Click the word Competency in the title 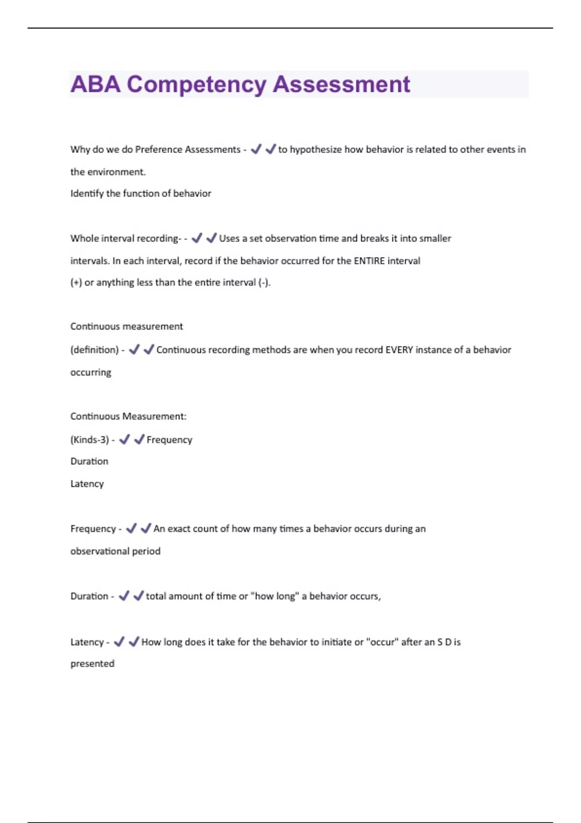pyautogui.click(x=196, y=85)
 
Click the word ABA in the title pyautogui.click(x=95, y=84)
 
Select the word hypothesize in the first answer pyautogui.click(x=316, y=150)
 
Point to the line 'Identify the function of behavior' pyautogui.click(x=140, y=194)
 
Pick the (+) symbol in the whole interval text pyautogui.click(x=76, y=283)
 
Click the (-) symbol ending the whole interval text pyautogui.click(x=263, y=283)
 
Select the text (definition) pyautogui.click(x=94, y=350)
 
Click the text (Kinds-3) pyautogui.click(x=90, y=440)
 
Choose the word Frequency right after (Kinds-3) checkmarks pyautogui.click(x=169, y=440)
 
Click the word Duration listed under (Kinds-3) pyautogui.click(x=89, y=461)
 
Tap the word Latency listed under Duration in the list pyautogui.click(x=87, y=484)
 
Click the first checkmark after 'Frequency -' pyautogui.click(x=131, y=528)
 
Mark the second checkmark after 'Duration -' pyautogui.click(x=138, y=595)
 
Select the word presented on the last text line pyautogui.click(x=92, y=664)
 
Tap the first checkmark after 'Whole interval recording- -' pyautogui.click(x=197, y=238)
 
